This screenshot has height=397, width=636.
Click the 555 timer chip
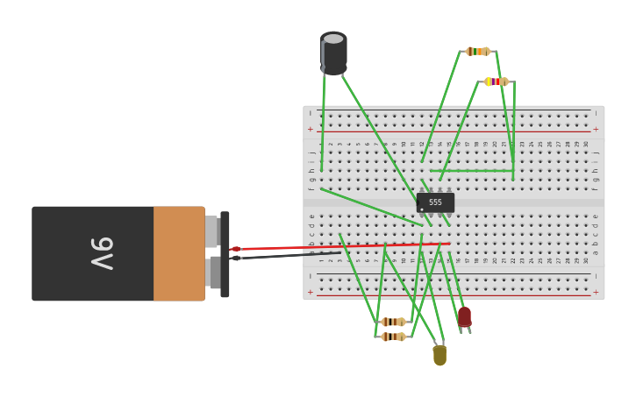435,202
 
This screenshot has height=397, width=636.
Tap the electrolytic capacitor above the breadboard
333,54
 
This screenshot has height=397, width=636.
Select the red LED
464,316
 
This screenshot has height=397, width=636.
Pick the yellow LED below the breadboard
439,355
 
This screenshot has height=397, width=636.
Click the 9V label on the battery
102,253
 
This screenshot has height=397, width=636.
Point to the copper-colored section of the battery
179,253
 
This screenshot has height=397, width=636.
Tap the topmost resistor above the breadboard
477,51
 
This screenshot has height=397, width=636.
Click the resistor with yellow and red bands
496,82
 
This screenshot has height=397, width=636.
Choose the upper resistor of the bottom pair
393,322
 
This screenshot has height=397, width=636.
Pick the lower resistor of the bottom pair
393,337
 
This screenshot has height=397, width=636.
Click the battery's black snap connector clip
225,254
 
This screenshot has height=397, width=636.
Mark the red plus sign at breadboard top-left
310,129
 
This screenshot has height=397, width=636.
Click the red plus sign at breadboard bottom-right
597,292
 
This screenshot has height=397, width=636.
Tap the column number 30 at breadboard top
586,144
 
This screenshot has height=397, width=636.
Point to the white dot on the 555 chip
421,209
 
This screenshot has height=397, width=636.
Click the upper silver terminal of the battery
211,231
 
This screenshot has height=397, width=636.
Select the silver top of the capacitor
333,39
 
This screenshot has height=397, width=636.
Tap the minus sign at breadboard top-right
597,113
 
